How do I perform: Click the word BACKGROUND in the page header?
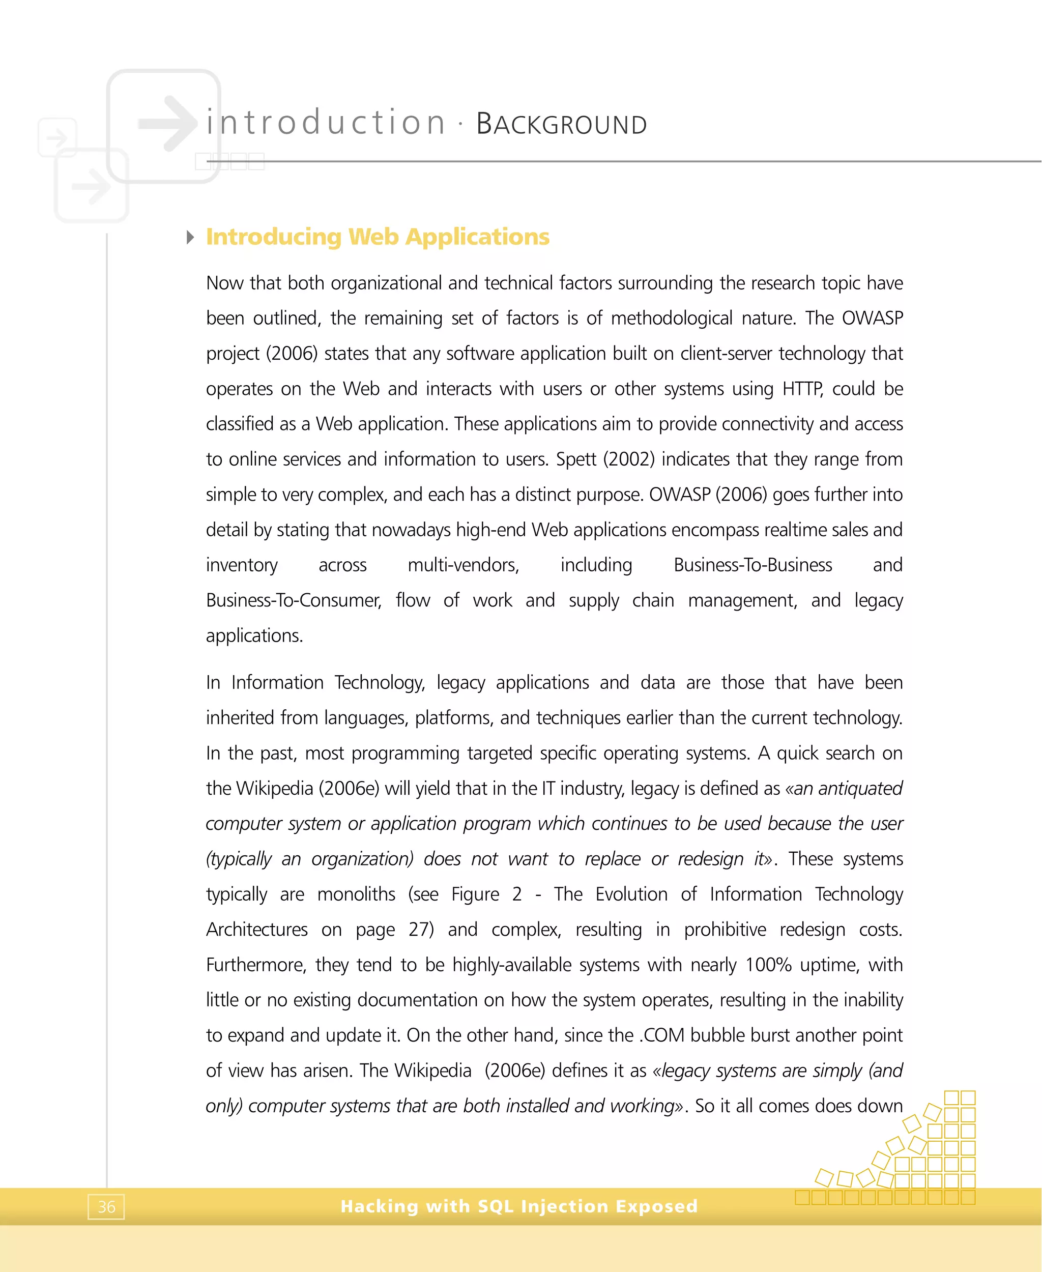561,124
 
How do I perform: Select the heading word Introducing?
274,237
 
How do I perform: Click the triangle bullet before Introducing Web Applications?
190,237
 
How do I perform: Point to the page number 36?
106,1206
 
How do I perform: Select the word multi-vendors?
463,565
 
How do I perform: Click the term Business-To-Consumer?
294,600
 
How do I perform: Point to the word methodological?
671,318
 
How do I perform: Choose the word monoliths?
356,894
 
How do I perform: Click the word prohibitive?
725,930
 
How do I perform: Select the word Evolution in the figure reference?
631,894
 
